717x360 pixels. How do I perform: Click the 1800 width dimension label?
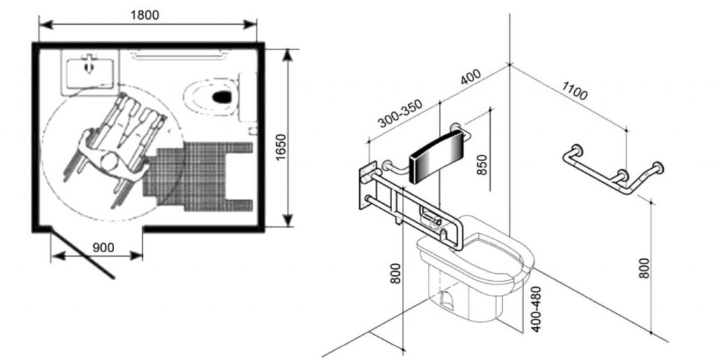(x=145, y=15)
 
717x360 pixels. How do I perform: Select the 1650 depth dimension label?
(x=281, y=147)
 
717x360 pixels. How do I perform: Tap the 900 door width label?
(x=104, y=247)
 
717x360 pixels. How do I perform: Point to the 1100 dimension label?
(x=574, y=90)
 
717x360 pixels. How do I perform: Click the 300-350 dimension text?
(x=401, y=113)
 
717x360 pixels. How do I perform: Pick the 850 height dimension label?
(x=482, y=165)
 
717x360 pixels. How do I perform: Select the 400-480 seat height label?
(x=536, y=309)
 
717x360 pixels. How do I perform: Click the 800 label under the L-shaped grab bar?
(x=644, y=268)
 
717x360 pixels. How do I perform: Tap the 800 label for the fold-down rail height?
(x=396, y=273)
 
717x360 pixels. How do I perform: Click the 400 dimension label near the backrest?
(x=471, y=77)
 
